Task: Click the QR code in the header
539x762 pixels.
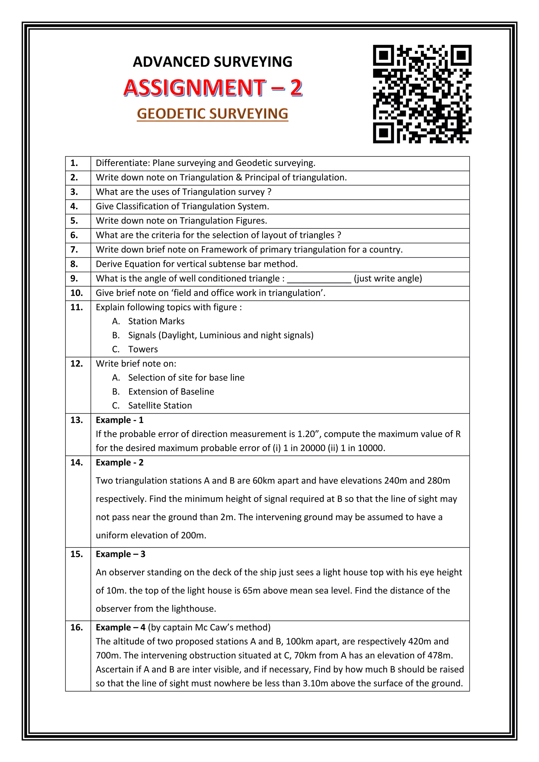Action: (422, 94)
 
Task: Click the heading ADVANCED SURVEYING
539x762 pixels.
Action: (212, 62)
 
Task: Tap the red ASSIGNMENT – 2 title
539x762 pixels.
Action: (212, 88)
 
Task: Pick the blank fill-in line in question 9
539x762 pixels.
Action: (319, 279)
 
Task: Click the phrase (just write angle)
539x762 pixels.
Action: (388, 278)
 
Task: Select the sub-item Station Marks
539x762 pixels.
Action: (156, 321)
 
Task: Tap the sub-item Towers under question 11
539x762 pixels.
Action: (143, 349)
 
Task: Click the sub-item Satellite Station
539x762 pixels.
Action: (160, 405)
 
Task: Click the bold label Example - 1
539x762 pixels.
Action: (119, 420)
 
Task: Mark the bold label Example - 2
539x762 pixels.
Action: (119, 463)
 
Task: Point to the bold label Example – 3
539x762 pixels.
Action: (121, 554)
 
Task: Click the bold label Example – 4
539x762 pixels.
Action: (121, 628)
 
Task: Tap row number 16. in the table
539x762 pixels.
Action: (76, 628)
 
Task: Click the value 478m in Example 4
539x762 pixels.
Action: (438, 655)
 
